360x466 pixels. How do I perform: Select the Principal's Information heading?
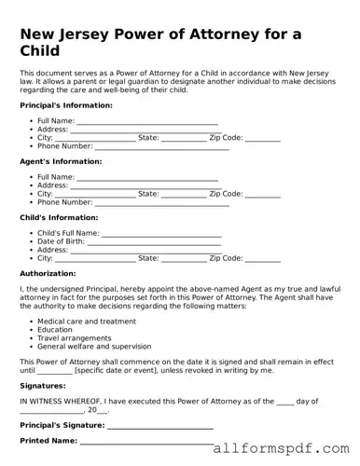click(66, 105)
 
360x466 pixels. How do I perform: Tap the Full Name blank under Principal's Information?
click(147, 121)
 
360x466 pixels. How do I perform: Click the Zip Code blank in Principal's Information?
click(263, 138)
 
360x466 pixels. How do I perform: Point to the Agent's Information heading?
click(60, 161)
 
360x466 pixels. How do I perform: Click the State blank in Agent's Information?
click(184, 194)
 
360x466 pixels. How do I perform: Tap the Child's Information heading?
click(60, 217)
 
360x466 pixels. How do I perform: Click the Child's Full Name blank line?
click(161, 233)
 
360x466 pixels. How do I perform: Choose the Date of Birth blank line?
click(150, 241)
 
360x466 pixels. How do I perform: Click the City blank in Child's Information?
click(95, 258)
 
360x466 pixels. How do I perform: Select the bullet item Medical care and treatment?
click(87, 321)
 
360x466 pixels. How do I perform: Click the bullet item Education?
click(55, 329)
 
